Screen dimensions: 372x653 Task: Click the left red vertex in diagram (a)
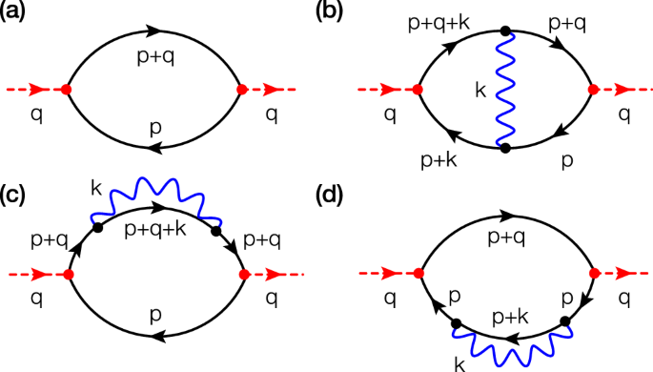click(65, 90)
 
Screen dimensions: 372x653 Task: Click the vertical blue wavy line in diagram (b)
click(505, 90)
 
